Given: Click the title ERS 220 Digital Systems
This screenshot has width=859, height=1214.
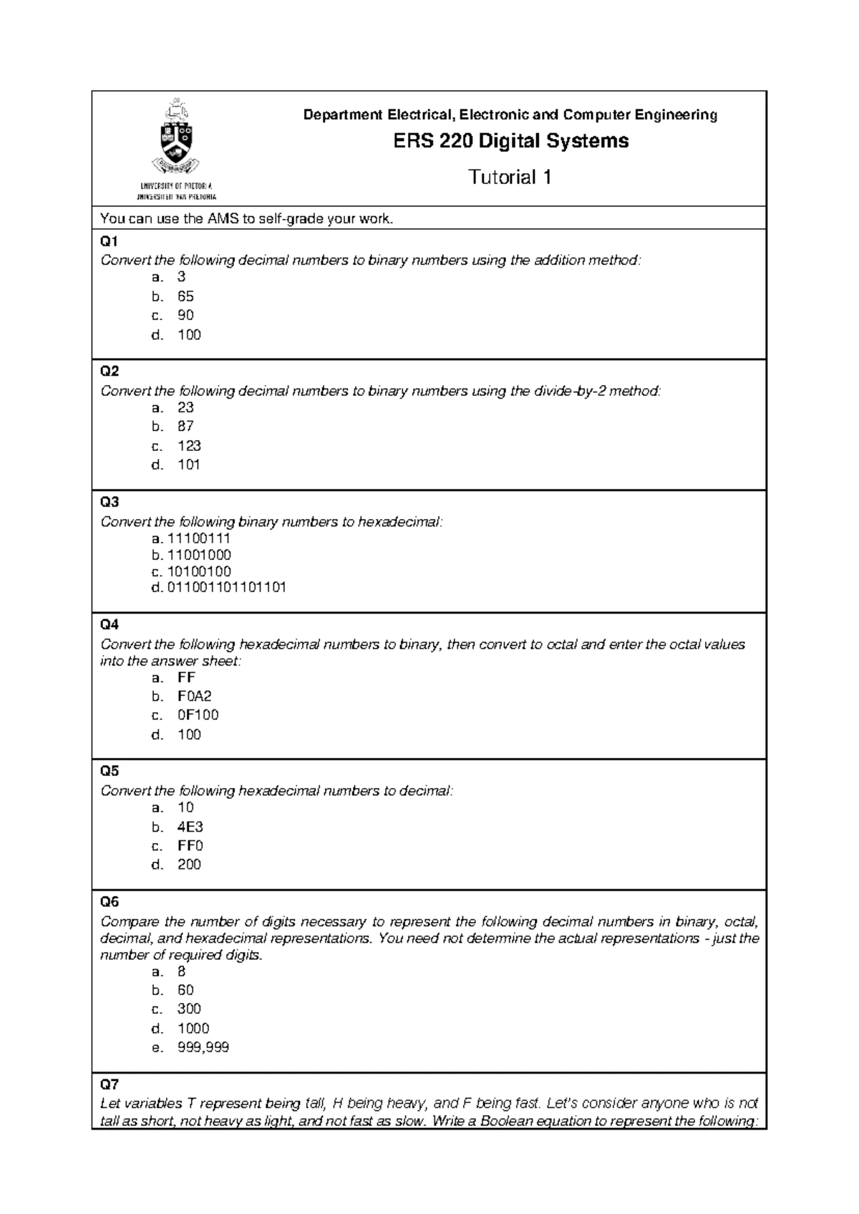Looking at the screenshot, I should tap(510, 141).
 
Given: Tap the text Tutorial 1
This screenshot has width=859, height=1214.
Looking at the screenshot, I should tap(510, 177).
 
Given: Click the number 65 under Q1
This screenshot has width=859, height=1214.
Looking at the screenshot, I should tap(185, 296).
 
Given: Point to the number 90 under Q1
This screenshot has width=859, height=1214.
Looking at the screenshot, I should tap(185, 315).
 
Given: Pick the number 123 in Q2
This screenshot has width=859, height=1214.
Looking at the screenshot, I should tap(189, 445).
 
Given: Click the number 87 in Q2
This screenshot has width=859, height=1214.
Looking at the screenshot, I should tap(185, 426).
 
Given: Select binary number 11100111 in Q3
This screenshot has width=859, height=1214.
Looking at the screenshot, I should tap(198, 538).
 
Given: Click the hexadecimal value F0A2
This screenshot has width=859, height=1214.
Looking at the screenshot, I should tap(194, 696).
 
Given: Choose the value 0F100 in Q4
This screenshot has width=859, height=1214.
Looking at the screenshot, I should tap(198, 714).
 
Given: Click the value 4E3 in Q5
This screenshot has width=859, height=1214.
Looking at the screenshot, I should tap(190, 827).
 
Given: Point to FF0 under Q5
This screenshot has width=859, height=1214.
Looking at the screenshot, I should tap(190, 845).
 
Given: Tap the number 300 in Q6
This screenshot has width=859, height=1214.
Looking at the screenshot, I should tap(189, 1009).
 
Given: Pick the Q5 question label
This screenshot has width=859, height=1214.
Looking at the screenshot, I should tap(110, 771).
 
